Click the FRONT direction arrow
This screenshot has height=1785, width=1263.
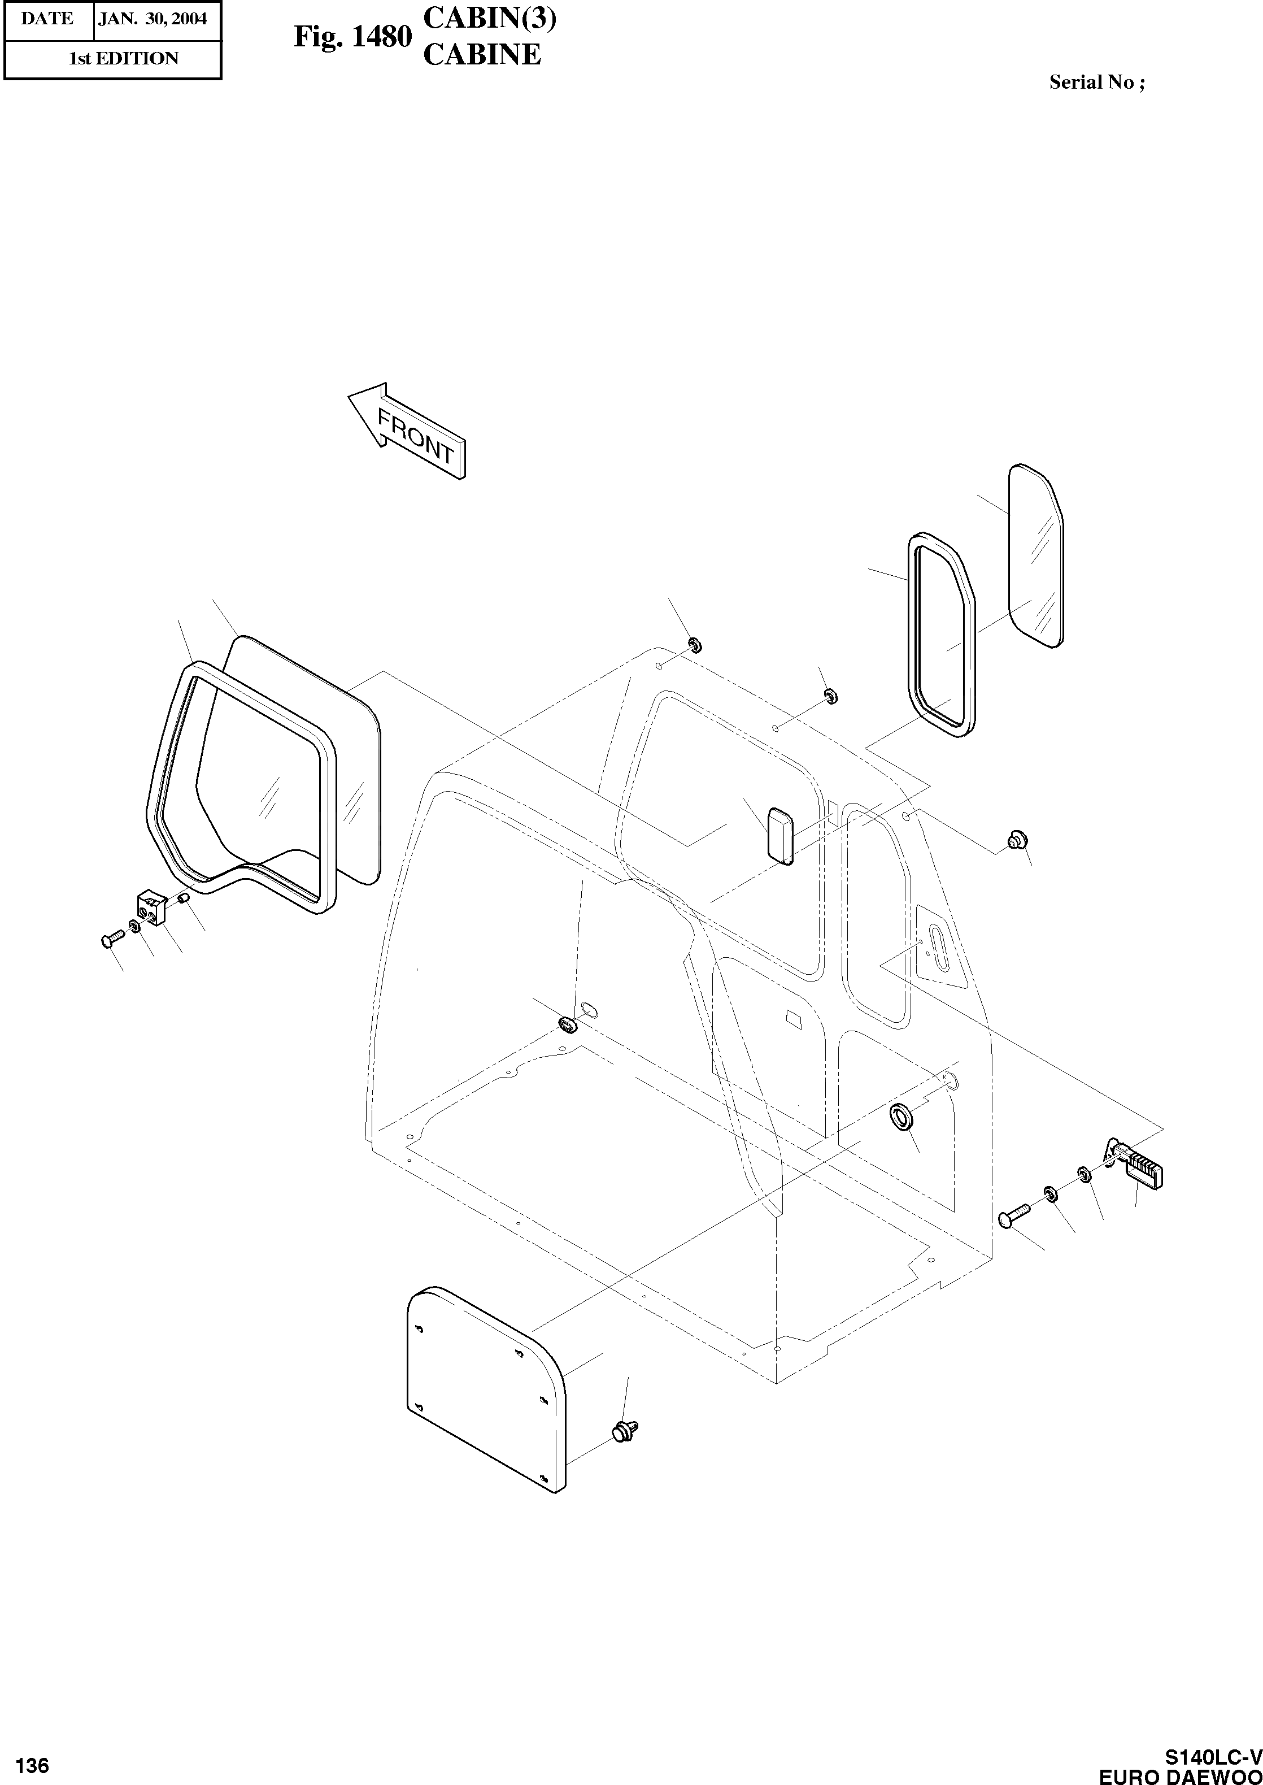pos(408,432)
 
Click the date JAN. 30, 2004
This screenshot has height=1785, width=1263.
pos(153,19)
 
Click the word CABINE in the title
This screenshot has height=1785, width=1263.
pos(481,54)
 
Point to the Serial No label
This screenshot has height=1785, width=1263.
pos(1096,82)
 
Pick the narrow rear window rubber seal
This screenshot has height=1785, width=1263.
pos(940,634)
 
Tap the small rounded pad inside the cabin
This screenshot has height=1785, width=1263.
pos(780,836)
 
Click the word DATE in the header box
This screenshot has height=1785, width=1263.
pos(47,19)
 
